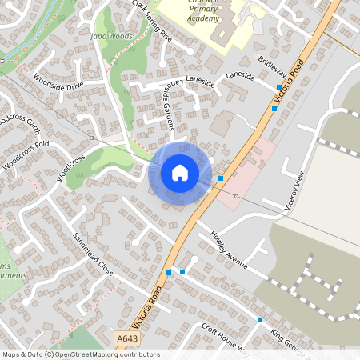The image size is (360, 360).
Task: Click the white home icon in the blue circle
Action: tap(180, 172)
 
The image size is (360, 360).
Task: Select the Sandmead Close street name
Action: tap(94, 255)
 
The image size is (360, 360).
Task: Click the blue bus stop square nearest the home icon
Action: tap(221, 178)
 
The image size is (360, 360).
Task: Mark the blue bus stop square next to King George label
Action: tap(259, 320)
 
